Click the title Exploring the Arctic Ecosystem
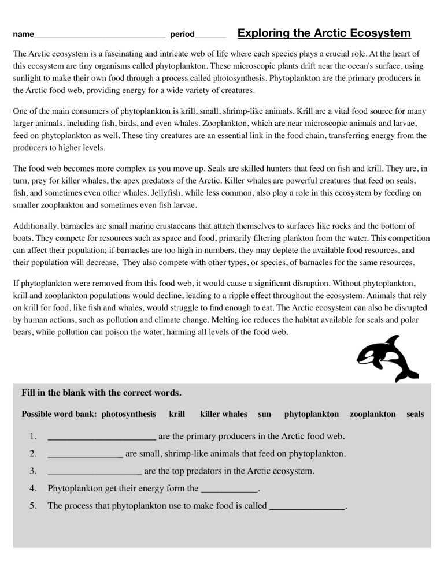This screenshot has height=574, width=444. (x=324, y=33)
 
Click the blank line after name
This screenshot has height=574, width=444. (x=99, y=36)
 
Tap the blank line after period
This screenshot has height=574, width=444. (x=210, y=36)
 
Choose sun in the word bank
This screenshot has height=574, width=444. (x=264, y=414)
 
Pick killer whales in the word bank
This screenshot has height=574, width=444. (x=223, y=414)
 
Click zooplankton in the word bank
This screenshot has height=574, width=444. (x=372, y=414)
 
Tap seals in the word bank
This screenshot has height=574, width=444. (x=415, y=414)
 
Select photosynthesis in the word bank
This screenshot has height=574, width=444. (x=128, y=414)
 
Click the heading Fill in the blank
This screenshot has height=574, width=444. (x=101, y=393)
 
